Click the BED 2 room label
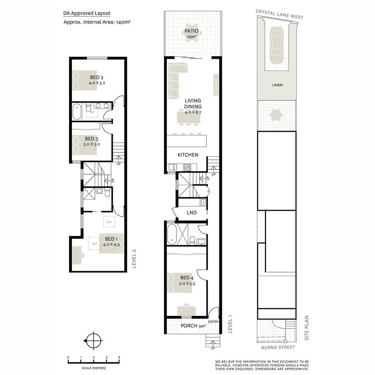click(x=97, y=77)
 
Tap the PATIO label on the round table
click(x=191, y=31)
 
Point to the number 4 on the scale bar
click(x=119, y=357)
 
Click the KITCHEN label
click(x=188, y=155)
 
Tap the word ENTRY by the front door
click(x=213, y=322)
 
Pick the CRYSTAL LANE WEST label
click(x=279, y=14)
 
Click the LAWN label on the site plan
click(x=277, y=85)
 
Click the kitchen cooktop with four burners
click(x=186, y=167)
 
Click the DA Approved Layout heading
click(x=86, y=14)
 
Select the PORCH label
click(x=189, y=326)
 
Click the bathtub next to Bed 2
click(x=77, y=112)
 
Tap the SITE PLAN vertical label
click(x=307, y=328)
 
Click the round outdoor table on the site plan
click(x=277, y=114)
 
